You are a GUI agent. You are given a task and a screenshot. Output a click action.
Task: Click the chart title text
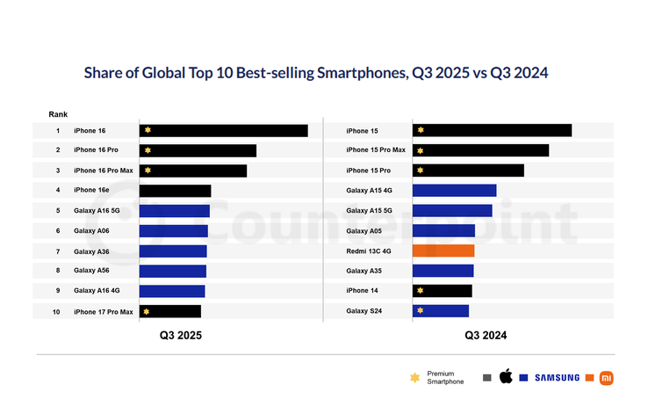click(x=315, y=73)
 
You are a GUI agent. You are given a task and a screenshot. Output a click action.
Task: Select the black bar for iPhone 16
click(x=223, y=130)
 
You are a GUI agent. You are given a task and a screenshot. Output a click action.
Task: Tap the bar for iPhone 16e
click(x=175, y=191)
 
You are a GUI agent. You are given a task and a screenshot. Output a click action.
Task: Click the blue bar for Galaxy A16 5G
click(x=174, y=211)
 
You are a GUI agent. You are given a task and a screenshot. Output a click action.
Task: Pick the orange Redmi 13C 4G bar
click(x=443, y=251)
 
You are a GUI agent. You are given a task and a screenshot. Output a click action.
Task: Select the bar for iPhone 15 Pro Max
click(x=480, y=150)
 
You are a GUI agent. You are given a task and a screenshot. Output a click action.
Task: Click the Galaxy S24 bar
click(x=440, y=310)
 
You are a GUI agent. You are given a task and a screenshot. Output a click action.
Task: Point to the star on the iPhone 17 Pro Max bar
click(x=147, y=311)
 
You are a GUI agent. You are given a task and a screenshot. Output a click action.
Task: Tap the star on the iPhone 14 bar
click(x=421, y=291)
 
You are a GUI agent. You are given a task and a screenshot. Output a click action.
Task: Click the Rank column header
click(x=58, y=114)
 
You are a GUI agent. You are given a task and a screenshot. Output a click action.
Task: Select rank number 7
click(x=58, y=251)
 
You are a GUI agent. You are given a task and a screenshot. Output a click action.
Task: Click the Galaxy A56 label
click(x=91, y=271)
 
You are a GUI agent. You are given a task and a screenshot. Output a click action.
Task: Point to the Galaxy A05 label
click(x=364, y=231)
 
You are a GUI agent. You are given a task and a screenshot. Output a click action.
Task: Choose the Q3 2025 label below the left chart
click(x=180, y=335)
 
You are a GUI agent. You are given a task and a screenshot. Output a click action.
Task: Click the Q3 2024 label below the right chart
click(x=486, y=335)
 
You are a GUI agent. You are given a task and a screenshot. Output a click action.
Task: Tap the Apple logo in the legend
click(x=505, y=377)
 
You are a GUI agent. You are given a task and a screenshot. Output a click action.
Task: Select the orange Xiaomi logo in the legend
click(x=607, y=377)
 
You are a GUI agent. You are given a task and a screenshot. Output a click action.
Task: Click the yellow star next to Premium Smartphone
click(x=414, y=377)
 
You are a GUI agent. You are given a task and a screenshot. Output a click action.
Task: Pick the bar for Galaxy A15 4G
click(x=454, y=191)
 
